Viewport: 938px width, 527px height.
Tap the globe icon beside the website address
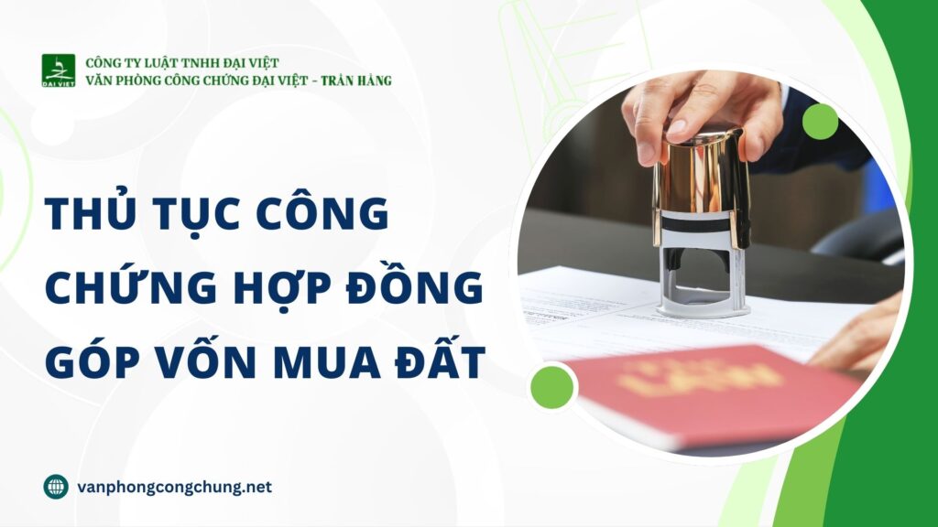click(56, 487)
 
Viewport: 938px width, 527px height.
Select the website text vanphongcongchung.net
click(175, 487)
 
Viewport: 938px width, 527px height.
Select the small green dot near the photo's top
click(820, 122)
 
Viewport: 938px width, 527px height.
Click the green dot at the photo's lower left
click(551, 386)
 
